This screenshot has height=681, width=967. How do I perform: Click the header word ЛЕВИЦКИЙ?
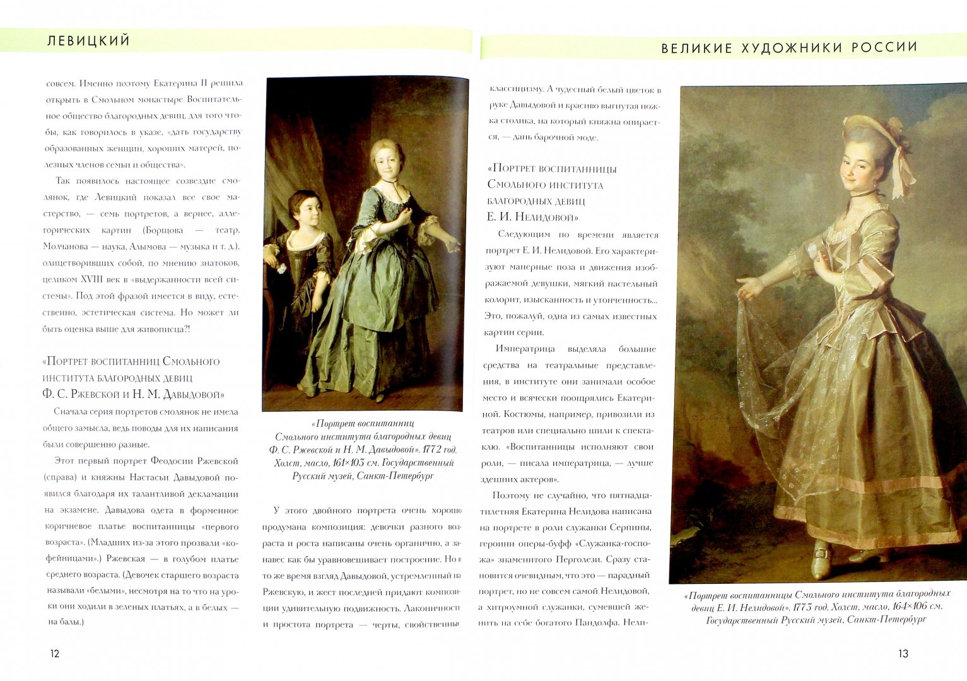pyautogui.click(x=88, y=41)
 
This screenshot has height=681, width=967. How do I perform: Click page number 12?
pyautogui.click(x=55, y=654)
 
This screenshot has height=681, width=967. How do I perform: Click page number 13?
pyautogui.click(x=903, y=654)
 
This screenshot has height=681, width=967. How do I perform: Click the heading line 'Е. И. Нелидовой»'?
pyautogui.click(x=532, y=218)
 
